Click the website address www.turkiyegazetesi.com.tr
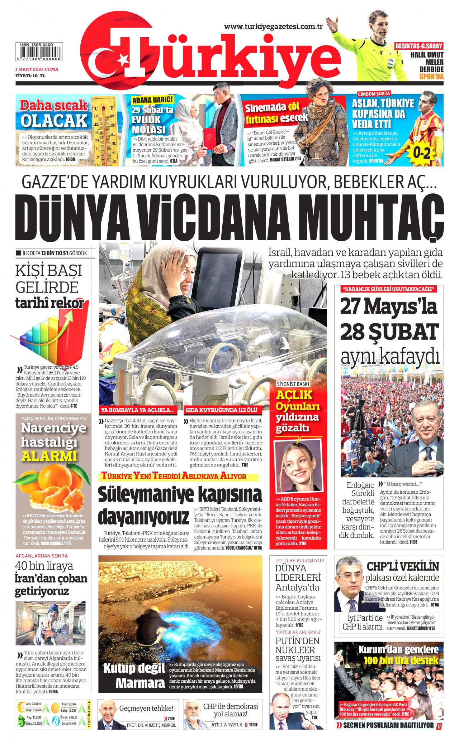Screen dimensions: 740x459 click(273, 26)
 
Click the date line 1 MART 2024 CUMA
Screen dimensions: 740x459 click(37, 69)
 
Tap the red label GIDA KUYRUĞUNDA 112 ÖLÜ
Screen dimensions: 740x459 click(221, 410)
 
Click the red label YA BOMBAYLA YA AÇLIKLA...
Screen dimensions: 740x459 click(137, 410)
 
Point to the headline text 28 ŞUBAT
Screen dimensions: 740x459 click(389, 332)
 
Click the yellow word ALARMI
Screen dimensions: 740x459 click(49, 456)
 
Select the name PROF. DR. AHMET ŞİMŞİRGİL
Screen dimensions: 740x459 click(151, 725)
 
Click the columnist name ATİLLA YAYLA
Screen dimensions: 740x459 click(227, 725)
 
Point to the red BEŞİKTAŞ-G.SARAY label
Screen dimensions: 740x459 click(418, 46)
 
